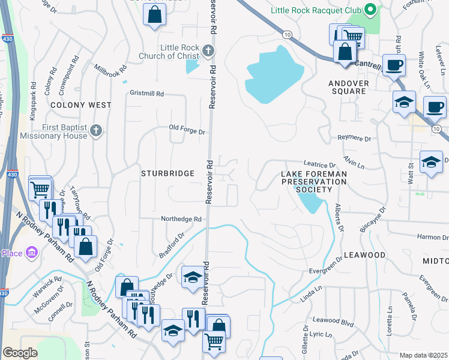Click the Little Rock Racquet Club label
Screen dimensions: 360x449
coord(316,10)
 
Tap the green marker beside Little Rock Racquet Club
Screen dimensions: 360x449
coord(371,10)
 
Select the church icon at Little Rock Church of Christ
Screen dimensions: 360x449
coord(208,51)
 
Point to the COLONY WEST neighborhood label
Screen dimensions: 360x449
coord(81,105)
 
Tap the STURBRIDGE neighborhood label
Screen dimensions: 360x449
coord(167,173)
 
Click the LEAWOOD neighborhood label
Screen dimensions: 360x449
coord(364,255)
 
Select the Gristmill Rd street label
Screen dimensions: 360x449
coord(147,94)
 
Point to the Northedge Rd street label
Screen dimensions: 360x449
coord(181,220)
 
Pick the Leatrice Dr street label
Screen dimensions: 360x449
coord(319,165)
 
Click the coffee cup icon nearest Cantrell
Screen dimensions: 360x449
coord(394,64)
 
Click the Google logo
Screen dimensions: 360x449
coord(20,352)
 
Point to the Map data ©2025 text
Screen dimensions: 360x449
coord(423,355)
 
